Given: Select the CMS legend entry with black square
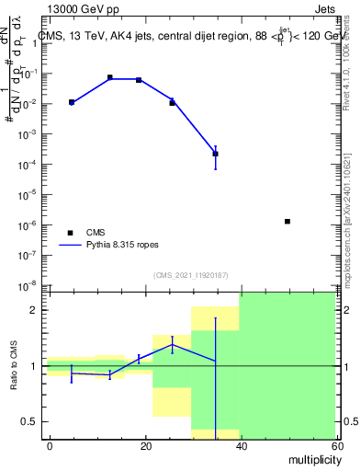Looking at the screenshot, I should point(70,233).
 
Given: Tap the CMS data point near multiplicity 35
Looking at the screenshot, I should point(215,154).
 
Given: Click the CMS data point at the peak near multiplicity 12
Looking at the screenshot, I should point(110,78).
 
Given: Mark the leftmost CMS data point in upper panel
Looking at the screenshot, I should point(72,102).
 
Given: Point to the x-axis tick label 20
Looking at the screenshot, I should point(145,446).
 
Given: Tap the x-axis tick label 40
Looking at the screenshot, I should point(240,446).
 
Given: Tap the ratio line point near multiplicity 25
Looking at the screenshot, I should point(172,344).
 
